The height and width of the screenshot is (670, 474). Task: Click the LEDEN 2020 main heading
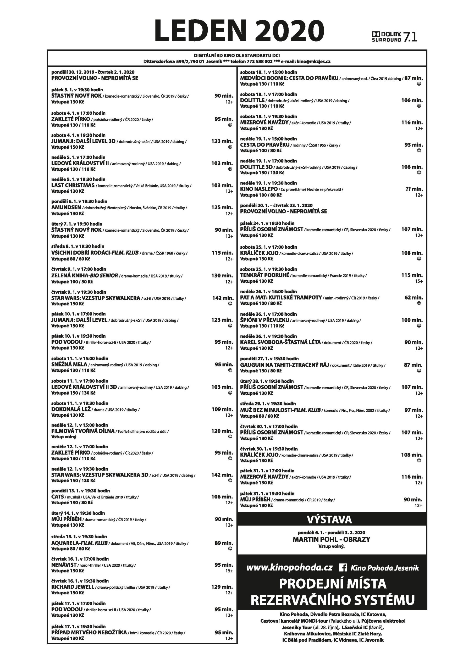pos(239,31)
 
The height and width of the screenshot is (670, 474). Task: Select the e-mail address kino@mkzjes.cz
pos(313,62)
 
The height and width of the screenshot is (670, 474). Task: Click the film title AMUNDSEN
pos(66,208)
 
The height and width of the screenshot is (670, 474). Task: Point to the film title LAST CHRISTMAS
pos(73,185)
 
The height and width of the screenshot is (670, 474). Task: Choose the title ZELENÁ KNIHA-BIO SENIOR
pos(85,276)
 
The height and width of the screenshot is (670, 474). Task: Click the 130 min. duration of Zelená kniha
pos(222,276)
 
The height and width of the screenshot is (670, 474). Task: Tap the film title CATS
pos(58,496)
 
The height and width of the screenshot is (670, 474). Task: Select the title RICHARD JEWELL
pos(73,587)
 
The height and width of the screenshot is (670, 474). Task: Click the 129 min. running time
pos(222,587)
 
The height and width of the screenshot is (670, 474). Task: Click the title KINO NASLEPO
pos(259,189)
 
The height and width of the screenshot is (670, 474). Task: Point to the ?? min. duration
pos(414,189)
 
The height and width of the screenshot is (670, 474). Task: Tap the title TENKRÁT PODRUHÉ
pos(264,275)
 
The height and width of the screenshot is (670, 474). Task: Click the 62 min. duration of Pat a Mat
pos(414,298)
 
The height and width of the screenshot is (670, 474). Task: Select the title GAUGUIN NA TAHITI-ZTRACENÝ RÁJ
pos(284,365)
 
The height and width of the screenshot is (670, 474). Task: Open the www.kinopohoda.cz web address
pos(289,568)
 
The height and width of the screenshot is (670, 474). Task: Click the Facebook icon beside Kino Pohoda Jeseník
pos(343,568)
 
